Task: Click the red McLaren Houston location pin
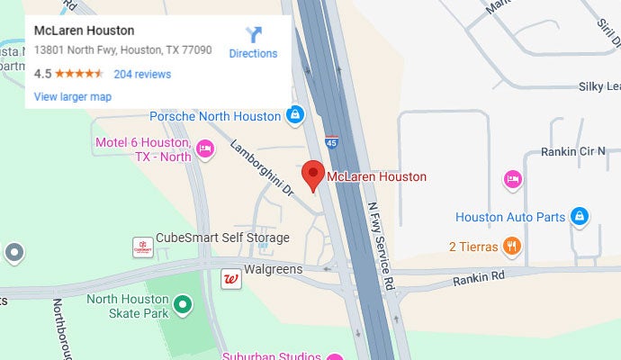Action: pyautogui.click(x=312, y=175)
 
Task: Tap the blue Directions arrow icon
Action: pyautogui.click(x=254, y=35)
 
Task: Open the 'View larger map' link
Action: pyautogui.click(x=72, y=96)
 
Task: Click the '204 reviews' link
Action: pyautogui.click(x=142, y=74)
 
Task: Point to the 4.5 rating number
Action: pyautogui.click(x=42, y=74)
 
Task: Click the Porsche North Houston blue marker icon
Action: pyautogui.click(x=294, y=115)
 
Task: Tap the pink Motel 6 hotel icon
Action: pyautogui.click(x=205, y=149)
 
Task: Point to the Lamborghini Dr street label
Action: pyautogui.click(x=262, y=168)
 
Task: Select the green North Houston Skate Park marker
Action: pyautogui.click(x=183, y=306)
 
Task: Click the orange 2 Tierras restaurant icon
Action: pyautogui.click(x=512, y=245)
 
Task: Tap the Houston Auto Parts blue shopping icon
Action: pyautogui.click(x=580, y=217)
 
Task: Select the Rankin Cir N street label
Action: pyautogui.click(x=573, y=152)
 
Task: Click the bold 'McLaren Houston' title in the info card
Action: pyautogui.click(x=84, y=31)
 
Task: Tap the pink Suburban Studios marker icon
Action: pyautogui.click(x=334, y=357)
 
